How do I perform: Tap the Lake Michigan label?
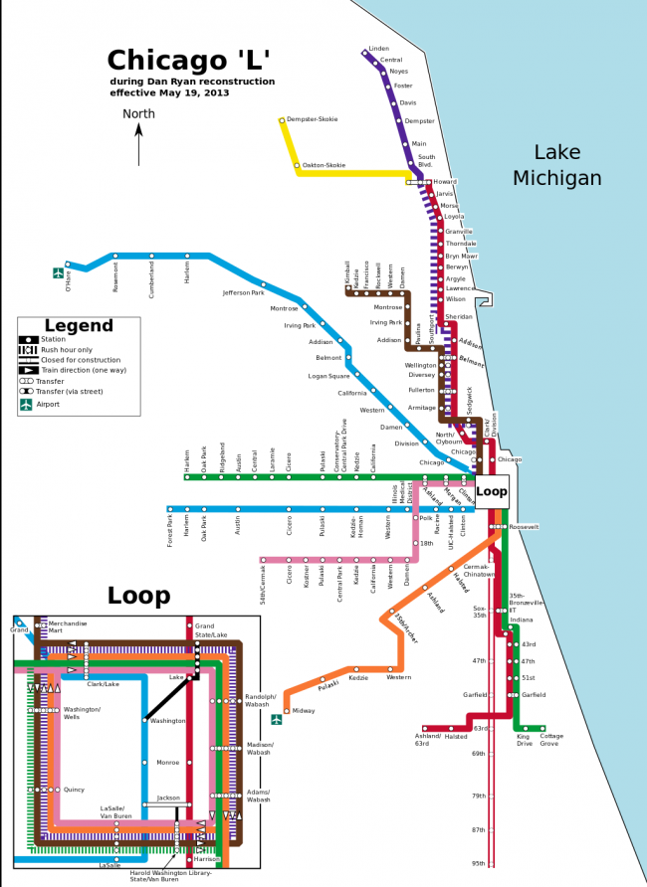pos(556,165)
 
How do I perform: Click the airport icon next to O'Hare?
pos(59,272)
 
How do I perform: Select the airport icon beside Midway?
pos(278,720)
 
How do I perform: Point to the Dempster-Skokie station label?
pos(312,119)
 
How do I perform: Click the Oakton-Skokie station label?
pos(323,165)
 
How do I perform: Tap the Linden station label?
pos(378,48)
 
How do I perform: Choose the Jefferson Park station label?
pos(243,293)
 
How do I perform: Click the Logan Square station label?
pos(328,376)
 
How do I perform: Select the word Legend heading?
pos(79,326)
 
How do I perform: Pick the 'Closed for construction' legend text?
pos(81,360)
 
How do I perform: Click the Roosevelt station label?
pos(524,527)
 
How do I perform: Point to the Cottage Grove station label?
pos(551,740)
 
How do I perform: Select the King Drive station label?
pos(524,740)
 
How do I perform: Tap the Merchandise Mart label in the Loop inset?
pos(69,626)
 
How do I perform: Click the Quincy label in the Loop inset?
pos(74,790)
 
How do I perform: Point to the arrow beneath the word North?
pos(138,145)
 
